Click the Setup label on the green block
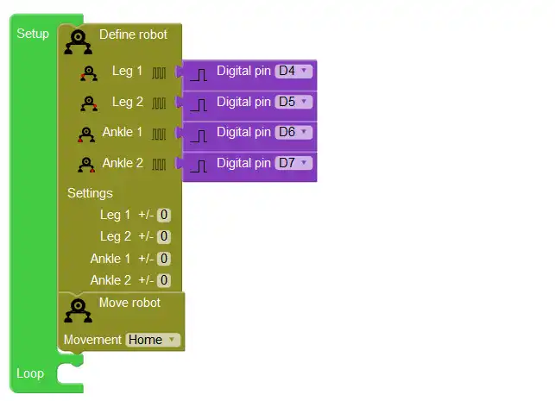(x=33, y=34)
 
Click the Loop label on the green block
(x=30, y=373)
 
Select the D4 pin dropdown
(x=293, y=72)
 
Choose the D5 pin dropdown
(x=293, y=102)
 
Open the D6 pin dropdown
(x=293, y=133)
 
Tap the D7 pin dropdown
(x=293, y=163)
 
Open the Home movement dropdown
(x=152, y=340)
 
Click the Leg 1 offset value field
(x=164, y=215)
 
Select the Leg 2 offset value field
(x=164, y=236)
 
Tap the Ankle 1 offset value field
(x=164, y=259)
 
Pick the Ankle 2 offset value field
(x=164, y=280)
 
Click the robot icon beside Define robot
(x=79, y=42)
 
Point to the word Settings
(x=90, y=193)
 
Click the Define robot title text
(x=135, y=34)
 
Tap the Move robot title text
(x=129, y=302)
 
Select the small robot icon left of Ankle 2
(x=85, y=164)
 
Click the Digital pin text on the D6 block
(x=243, y=132)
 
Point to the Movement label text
(x=92, y=340)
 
